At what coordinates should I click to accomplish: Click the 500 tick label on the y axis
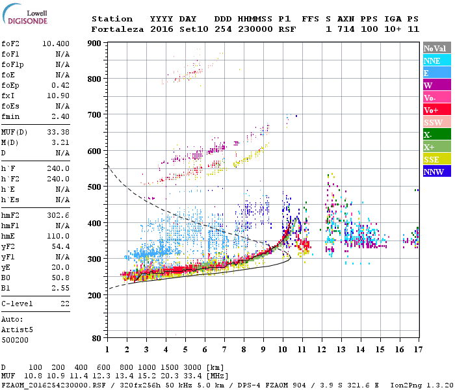(96, 187)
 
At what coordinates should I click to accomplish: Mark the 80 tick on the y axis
(97, 338)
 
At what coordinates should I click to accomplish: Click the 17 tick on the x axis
(418, 350)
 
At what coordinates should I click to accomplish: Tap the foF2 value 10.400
(57, 43)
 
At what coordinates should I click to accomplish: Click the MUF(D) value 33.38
(59, 132)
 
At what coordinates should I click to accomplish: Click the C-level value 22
(65, 303)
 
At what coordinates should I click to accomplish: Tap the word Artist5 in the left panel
(18, 330)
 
